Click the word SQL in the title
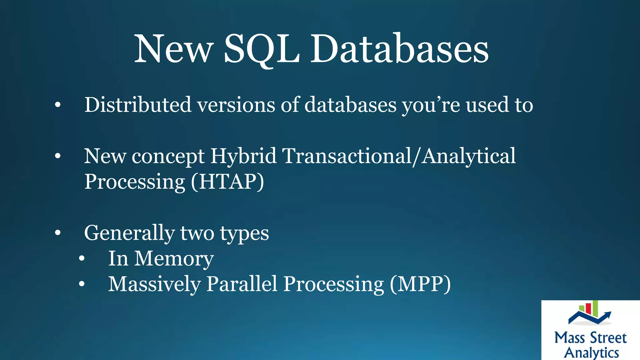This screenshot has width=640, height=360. coord(262,49)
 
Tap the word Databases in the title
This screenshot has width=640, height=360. coord(399,49)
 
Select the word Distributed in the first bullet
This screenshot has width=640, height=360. coord(138,105)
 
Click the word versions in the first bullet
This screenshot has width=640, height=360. coord(236,105)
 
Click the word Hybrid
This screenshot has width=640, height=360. coord(243,156)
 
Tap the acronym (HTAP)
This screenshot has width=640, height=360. coord(227,182)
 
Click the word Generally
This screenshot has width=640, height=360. coord(129,233)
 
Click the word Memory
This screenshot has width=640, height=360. coord(174,259)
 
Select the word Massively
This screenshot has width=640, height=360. coord(154,284)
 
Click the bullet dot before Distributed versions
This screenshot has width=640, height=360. coord(57,105)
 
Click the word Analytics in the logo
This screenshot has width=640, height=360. coord(591,352)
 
